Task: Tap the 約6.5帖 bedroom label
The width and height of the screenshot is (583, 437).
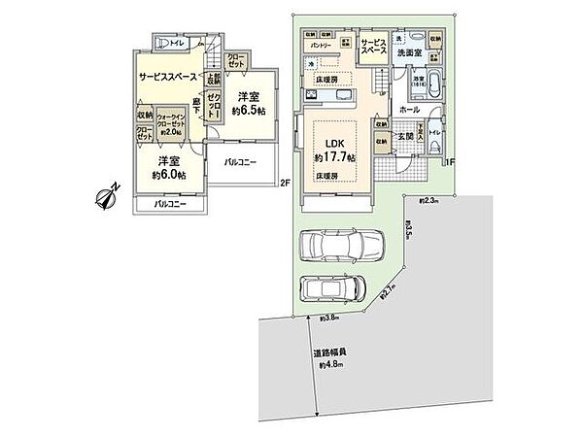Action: (248, 103)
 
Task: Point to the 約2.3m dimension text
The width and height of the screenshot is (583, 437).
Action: (429, 200)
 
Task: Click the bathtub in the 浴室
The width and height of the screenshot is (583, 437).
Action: (431, 84)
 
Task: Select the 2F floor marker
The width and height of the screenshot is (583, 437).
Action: (285, 182)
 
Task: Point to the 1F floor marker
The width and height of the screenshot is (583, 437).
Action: (451, 162)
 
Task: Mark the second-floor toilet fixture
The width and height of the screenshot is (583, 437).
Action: (165, 42)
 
